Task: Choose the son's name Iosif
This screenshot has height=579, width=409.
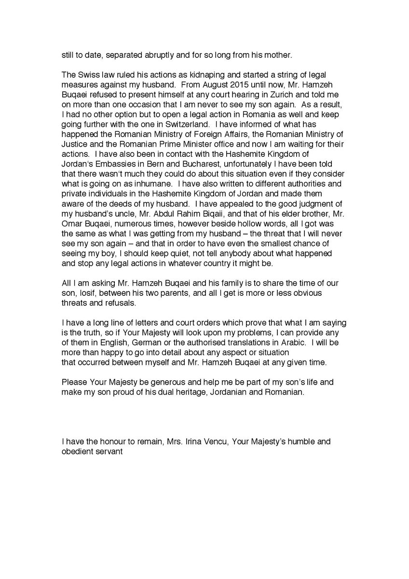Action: [90, 293]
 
